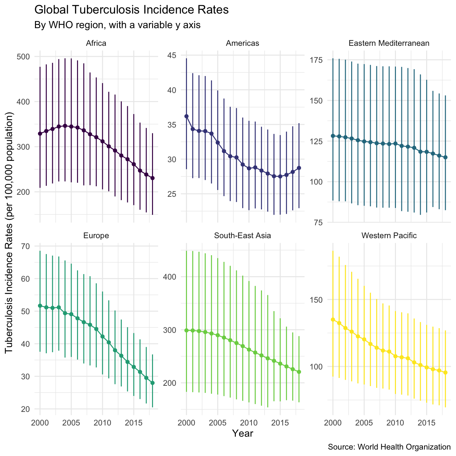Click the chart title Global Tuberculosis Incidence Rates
click(131, 10)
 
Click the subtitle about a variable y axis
click(117, 25)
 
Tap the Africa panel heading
click(96, 43)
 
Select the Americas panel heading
click(242, 43)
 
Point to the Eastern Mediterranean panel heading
click(389, 43)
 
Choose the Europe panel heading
click(96, 235)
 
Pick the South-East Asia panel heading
click(242, 235)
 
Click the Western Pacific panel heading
click(389, 235)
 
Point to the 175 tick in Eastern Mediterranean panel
click(316, 60)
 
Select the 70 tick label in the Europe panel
click(25, 246)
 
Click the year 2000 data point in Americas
click(186, 116)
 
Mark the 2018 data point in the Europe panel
click(153, 383)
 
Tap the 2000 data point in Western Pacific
click(333, 320)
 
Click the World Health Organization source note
click(389, 447)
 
